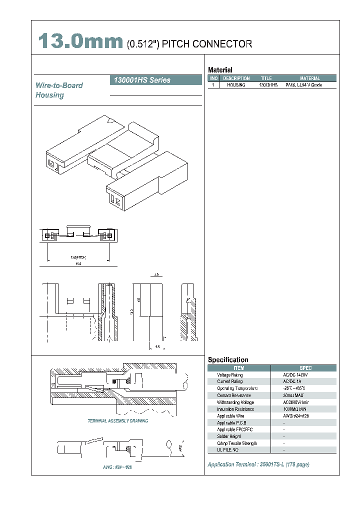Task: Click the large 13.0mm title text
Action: click(80, 42)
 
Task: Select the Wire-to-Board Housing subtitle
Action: click(59, 90)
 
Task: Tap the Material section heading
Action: click(220, 70)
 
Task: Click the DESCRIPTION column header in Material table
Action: click(236, 78)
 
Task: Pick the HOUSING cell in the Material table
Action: click(236, 85)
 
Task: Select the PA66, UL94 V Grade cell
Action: click(303, 85)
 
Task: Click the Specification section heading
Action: click(227, 359)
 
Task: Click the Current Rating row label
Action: click(229, 381)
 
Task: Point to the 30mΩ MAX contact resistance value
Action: click(294, 395)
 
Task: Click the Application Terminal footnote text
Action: click(258, 464)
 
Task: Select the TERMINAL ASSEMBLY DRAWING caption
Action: click(118, 421)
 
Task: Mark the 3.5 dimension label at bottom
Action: click(157, 346)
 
